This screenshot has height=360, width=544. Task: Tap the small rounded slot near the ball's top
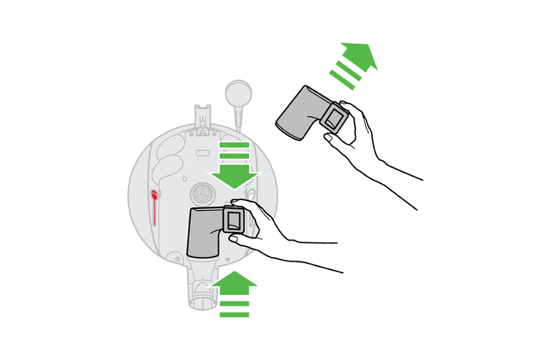pos(203,154)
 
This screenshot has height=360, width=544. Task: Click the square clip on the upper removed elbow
pos(334,116)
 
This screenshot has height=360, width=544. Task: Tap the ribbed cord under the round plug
pos(238,118)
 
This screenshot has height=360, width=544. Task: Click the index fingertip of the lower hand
pos(235,202)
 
